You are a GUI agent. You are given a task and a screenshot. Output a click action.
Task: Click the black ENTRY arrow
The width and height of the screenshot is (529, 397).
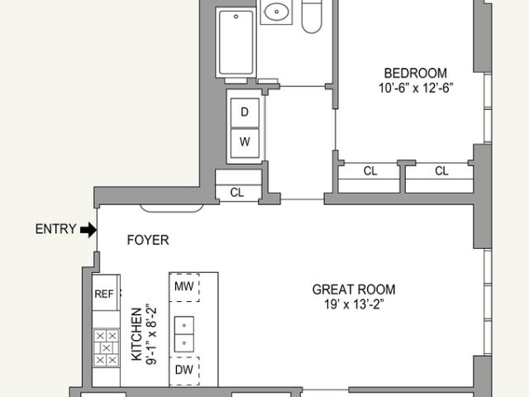(x=88, y=230)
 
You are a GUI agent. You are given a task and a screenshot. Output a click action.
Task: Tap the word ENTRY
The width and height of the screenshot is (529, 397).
(x=55, y=229)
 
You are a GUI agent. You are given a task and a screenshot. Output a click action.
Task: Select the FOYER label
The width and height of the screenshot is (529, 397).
(x=148, y=240)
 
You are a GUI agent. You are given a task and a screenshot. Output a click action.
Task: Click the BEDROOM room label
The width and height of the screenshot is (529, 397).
(x=415, y=73)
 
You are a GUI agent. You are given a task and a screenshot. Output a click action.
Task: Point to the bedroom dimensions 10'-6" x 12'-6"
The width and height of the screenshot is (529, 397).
(x=415, y=88)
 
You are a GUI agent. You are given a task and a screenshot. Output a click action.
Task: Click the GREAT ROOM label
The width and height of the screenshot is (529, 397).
(x=354, y=289)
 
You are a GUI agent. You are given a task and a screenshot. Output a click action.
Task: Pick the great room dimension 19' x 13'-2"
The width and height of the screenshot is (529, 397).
(x=354, y=304)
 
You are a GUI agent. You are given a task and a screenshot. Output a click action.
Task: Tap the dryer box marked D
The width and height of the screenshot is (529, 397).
(x=245, y=113)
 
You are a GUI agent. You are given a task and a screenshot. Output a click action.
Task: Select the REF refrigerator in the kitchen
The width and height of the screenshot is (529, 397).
(x=105, y=293)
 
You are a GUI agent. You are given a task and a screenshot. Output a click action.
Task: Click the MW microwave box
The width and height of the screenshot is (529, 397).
(x=184, y=287)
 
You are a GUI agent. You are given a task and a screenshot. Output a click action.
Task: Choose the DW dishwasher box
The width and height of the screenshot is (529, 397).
(x=184, y=371)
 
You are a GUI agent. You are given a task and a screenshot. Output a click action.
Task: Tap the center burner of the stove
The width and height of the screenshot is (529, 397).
(x=107, y=347)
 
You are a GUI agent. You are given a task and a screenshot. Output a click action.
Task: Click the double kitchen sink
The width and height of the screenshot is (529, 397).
(x=183, y=334)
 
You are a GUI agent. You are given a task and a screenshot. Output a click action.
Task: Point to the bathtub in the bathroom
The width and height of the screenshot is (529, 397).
(x=236, y=43)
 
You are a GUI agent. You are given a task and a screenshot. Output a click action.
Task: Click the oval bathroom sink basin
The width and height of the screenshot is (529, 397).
(x=277, y=12)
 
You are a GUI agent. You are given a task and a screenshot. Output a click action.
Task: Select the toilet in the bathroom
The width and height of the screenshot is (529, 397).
(x=312, y=17)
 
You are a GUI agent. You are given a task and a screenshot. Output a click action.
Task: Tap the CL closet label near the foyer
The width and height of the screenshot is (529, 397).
(x=237, y=193)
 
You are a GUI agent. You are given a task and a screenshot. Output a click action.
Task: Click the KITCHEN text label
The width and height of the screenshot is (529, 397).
(x=136, y=334)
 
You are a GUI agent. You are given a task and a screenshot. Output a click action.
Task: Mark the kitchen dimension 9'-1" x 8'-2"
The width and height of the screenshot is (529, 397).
(x=151, y=336)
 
